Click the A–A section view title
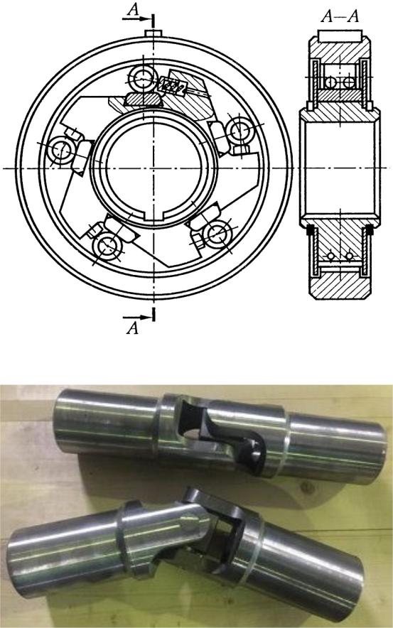(x=340, y=16)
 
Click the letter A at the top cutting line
(x=133, y=10)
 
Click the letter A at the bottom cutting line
(x=132, y=328)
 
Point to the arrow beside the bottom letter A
(x=136, y=318)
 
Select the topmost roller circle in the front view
(x=143, y=77)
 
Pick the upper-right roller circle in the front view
(x=239, y=130)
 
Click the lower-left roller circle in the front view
(x=107, y=246)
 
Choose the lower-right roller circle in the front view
(x=218, y=234)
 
